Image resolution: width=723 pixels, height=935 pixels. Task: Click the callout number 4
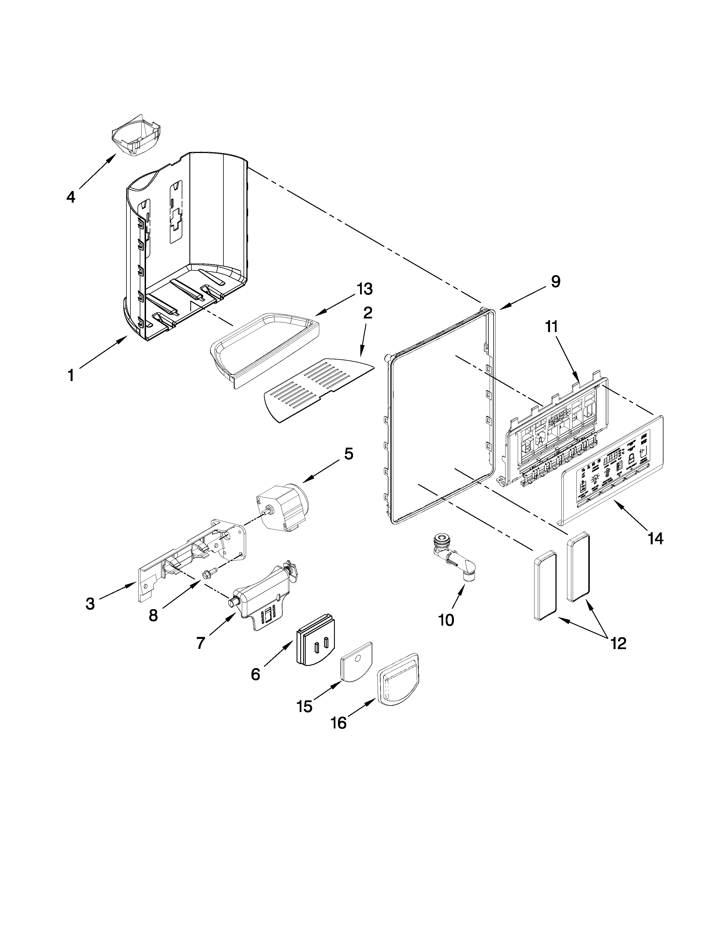point(71,197)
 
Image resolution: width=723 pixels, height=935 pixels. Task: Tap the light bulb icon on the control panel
point(595,478)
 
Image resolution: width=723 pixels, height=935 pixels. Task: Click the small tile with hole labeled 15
point(356,665)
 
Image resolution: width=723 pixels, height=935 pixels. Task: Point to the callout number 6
point(255,675)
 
